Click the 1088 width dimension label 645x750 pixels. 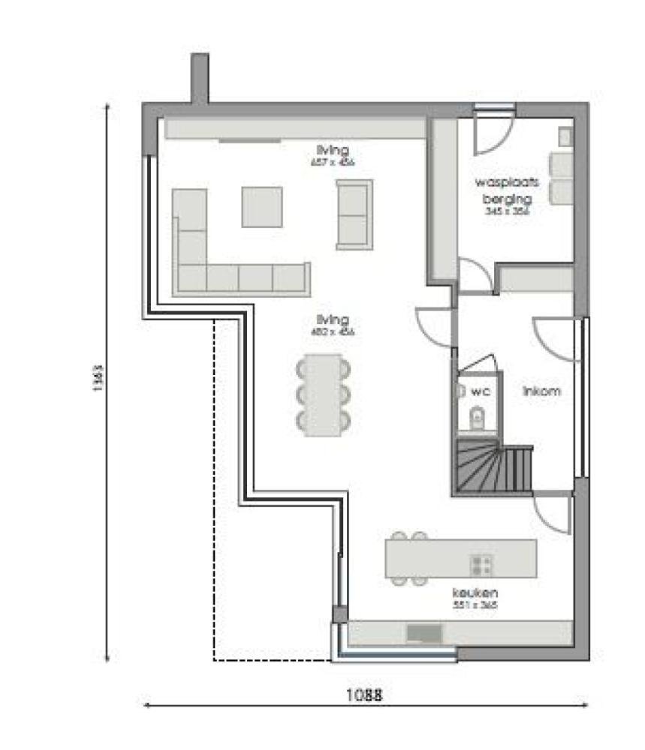tap(364, 695)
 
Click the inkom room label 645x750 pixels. tap(541, 391)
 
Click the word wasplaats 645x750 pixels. tap(502, 182)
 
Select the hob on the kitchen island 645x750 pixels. tap(481, 564)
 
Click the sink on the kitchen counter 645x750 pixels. tap(424, 633)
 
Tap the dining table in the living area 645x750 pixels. tap(323, 394)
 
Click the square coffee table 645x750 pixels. tap(262, 206)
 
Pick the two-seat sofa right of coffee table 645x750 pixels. tap(354, 214)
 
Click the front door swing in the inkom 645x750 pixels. tap(556, 337)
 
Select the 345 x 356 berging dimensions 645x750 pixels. tap(507, 212)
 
